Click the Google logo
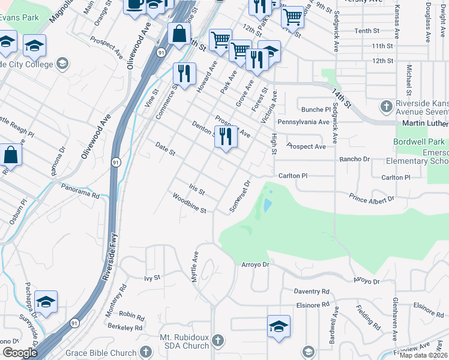tap(20, 353)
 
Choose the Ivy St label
tap(152, 278)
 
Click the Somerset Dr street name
tap(240, 196)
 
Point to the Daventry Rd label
tap(312, 292)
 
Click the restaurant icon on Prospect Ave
tap(226, 136)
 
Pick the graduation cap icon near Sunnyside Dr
tap(46, 301)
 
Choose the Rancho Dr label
tap(354, 158)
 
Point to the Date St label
tap(164, 149)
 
